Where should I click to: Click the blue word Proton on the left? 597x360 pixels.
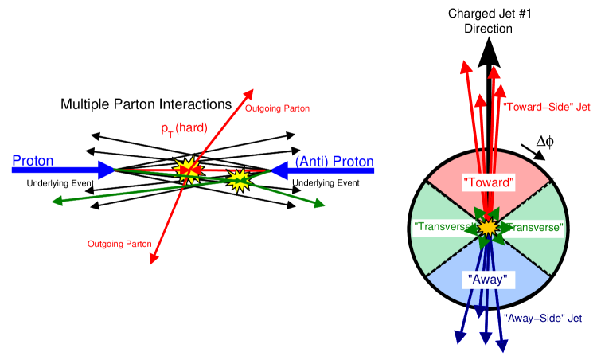[33, 161]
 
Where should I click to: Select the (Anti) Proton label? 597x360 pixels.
[334, 162]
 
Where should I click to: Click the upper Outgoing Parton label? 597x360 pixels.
[277, 108]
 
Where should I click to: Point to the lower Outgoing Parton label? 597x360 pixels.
[119, 243]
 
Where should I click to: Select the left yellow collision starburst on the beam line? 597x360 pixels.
[188, 168]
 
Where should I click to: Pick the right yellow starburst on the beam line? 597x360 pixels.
[238, 179]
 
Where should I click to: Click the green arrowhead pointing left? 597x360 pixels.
[57, 201]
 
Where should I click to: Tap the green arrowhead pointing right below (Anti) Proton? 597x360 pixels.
[319, 204]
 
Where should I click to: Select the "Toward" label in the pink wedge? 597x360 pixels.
[489, 182]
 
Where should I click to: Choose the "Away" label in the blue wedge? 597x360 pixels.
[488, 280]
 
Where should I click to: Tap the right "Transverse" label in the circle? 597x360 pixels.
[535, 229]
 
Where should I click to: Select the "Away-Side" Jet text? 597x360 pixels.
[543, 318]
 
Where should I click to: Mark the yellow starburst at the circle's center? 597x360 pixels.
[488, 228]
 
